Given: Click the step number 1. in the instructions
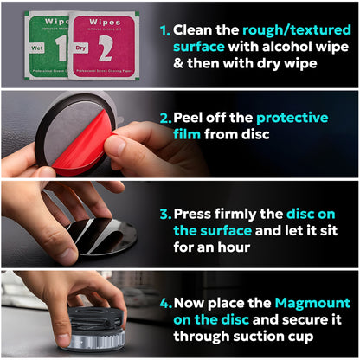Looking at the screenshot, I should pyautogui.click(x=164, y=29).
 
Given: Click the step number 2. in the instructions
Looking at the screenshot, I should pyautogui.click(x=164, y=117).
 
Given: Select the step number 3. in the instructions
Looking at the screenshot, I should pyautogui.click(x=164, y=213).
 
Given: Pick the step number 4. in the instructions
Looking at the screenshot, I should pyautogui.click(x=164, y=303).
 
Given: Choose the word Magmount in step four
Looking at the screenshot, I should pyautogui.click(x=312, y=303).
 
